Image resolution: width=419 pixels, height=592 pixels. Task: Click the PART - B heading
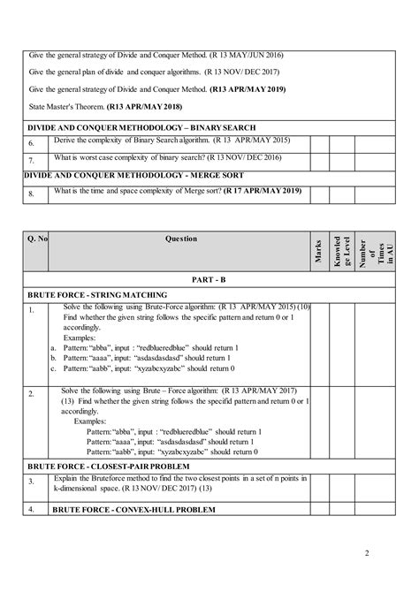pos(209,278)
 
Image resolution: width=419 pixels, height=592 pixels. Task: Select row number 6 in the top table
pos(31,143)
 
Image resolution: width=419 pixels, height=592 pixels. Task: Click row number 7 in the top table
pos(31,160)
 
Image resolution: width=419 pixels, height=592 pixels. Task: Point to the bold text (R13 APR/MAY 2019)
pos(255,89)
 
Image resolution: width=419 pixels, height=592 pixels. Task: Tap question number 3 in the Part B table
pos(30,481)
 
